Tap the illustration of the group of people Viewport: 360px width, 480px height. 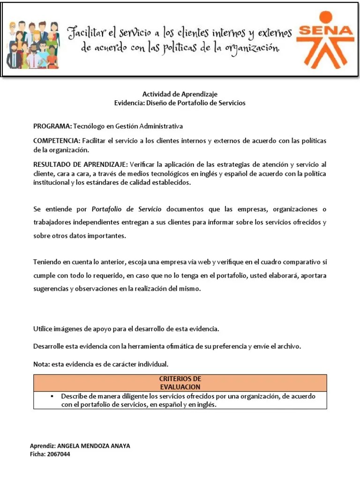click(33, 45)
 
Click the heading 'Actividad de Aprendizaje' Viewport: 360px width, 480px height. click(180, 94)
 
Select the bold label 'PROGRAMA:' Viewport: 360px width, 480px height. click(52, 127)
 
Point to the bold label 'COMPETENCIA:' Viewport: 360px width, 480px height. click(57, 141)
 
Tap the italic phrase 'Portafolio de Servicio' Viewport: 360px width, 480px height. click(127, 209)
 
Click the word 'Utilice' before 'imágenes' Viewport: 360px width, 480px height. click(43, 329)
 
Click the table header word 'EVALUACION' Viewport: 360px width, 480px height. click(180, 387)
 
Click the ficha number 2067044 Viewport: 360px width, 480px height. click(58, 454)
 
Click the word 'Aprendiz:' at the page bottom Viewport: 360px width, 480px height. click(42, 446)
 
